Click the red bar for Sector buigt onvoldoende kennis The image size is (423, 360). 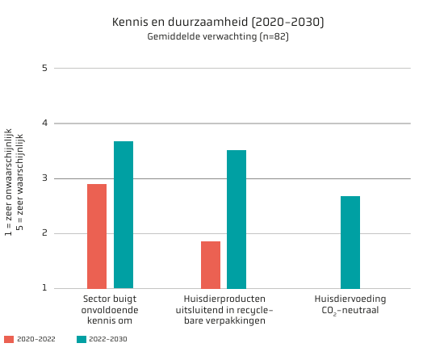pos(97,237)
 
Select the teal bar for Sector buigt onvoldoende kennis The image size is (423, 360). pos(124,215)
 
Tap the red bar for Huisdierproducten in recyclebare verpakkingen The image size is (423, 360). pos(211,265)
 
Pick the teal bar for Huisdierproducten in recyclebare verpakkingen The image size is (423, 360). pos(237,220)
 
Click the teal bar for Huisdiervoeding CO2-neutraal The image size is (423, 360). pos(350,242)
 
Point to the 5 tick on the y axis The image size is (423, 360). pos(44,68)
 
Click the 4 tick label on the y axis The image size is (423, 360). pos(44,123)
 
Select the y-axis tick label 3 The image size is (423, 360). pos(44,178)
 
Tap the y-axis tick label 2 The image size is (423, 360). pos(44,233)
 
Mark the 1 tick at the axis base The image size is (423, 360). pos(44,288)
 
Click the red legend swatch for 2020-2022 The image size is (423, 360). pos(9,339)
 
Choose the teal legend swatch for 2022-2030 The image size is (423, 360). pos(82,339)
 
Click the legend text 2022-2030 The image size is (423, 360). pos(108,339)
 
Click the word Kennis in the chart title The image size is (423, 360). pos(130,22)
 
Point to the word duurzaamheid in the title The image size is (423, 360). pos(207,22)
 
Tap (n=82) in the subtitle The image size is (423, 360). pos(274,36)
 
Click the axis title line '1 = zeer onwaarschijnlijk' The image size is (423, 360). pos(8,182)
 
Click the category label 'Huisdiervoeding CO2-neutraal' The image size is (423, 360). pos(350,305)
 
